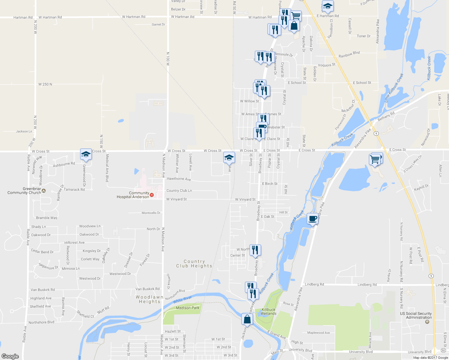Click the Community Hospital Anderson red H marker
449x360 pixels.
(152, 195)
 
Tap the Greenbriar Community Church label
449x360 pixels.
(24, 191)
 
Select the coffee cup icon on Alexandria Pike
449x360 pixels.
(312, 219)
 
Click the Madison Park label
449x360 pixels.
(188, 308)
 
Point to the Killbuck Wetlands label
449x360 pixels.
(268, 312)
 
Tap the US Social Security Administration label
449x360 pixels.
(416, 316)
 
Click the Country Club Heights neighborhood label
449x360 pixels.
(194, 264)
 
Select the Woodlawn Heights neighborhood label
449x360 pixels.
(149, 299)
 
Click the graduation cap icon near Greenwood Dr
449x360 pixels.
(86, 154)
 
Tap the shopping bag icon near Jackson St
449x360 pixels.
(247, 319)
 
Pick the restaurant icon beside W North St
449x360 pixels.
(255, 250)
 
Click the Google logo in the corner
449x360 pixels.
(10, 356)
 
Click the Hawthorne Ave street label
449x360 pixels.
(179, 179)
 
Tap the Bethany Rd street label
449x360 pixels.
(386, 116)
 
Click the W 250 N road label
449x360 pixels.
(45, 84)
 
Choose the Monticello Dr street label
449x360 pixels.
(151, 213)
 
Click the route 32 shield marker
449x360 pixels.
(443, 350)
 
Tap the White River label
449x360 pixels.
(182, 299)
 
